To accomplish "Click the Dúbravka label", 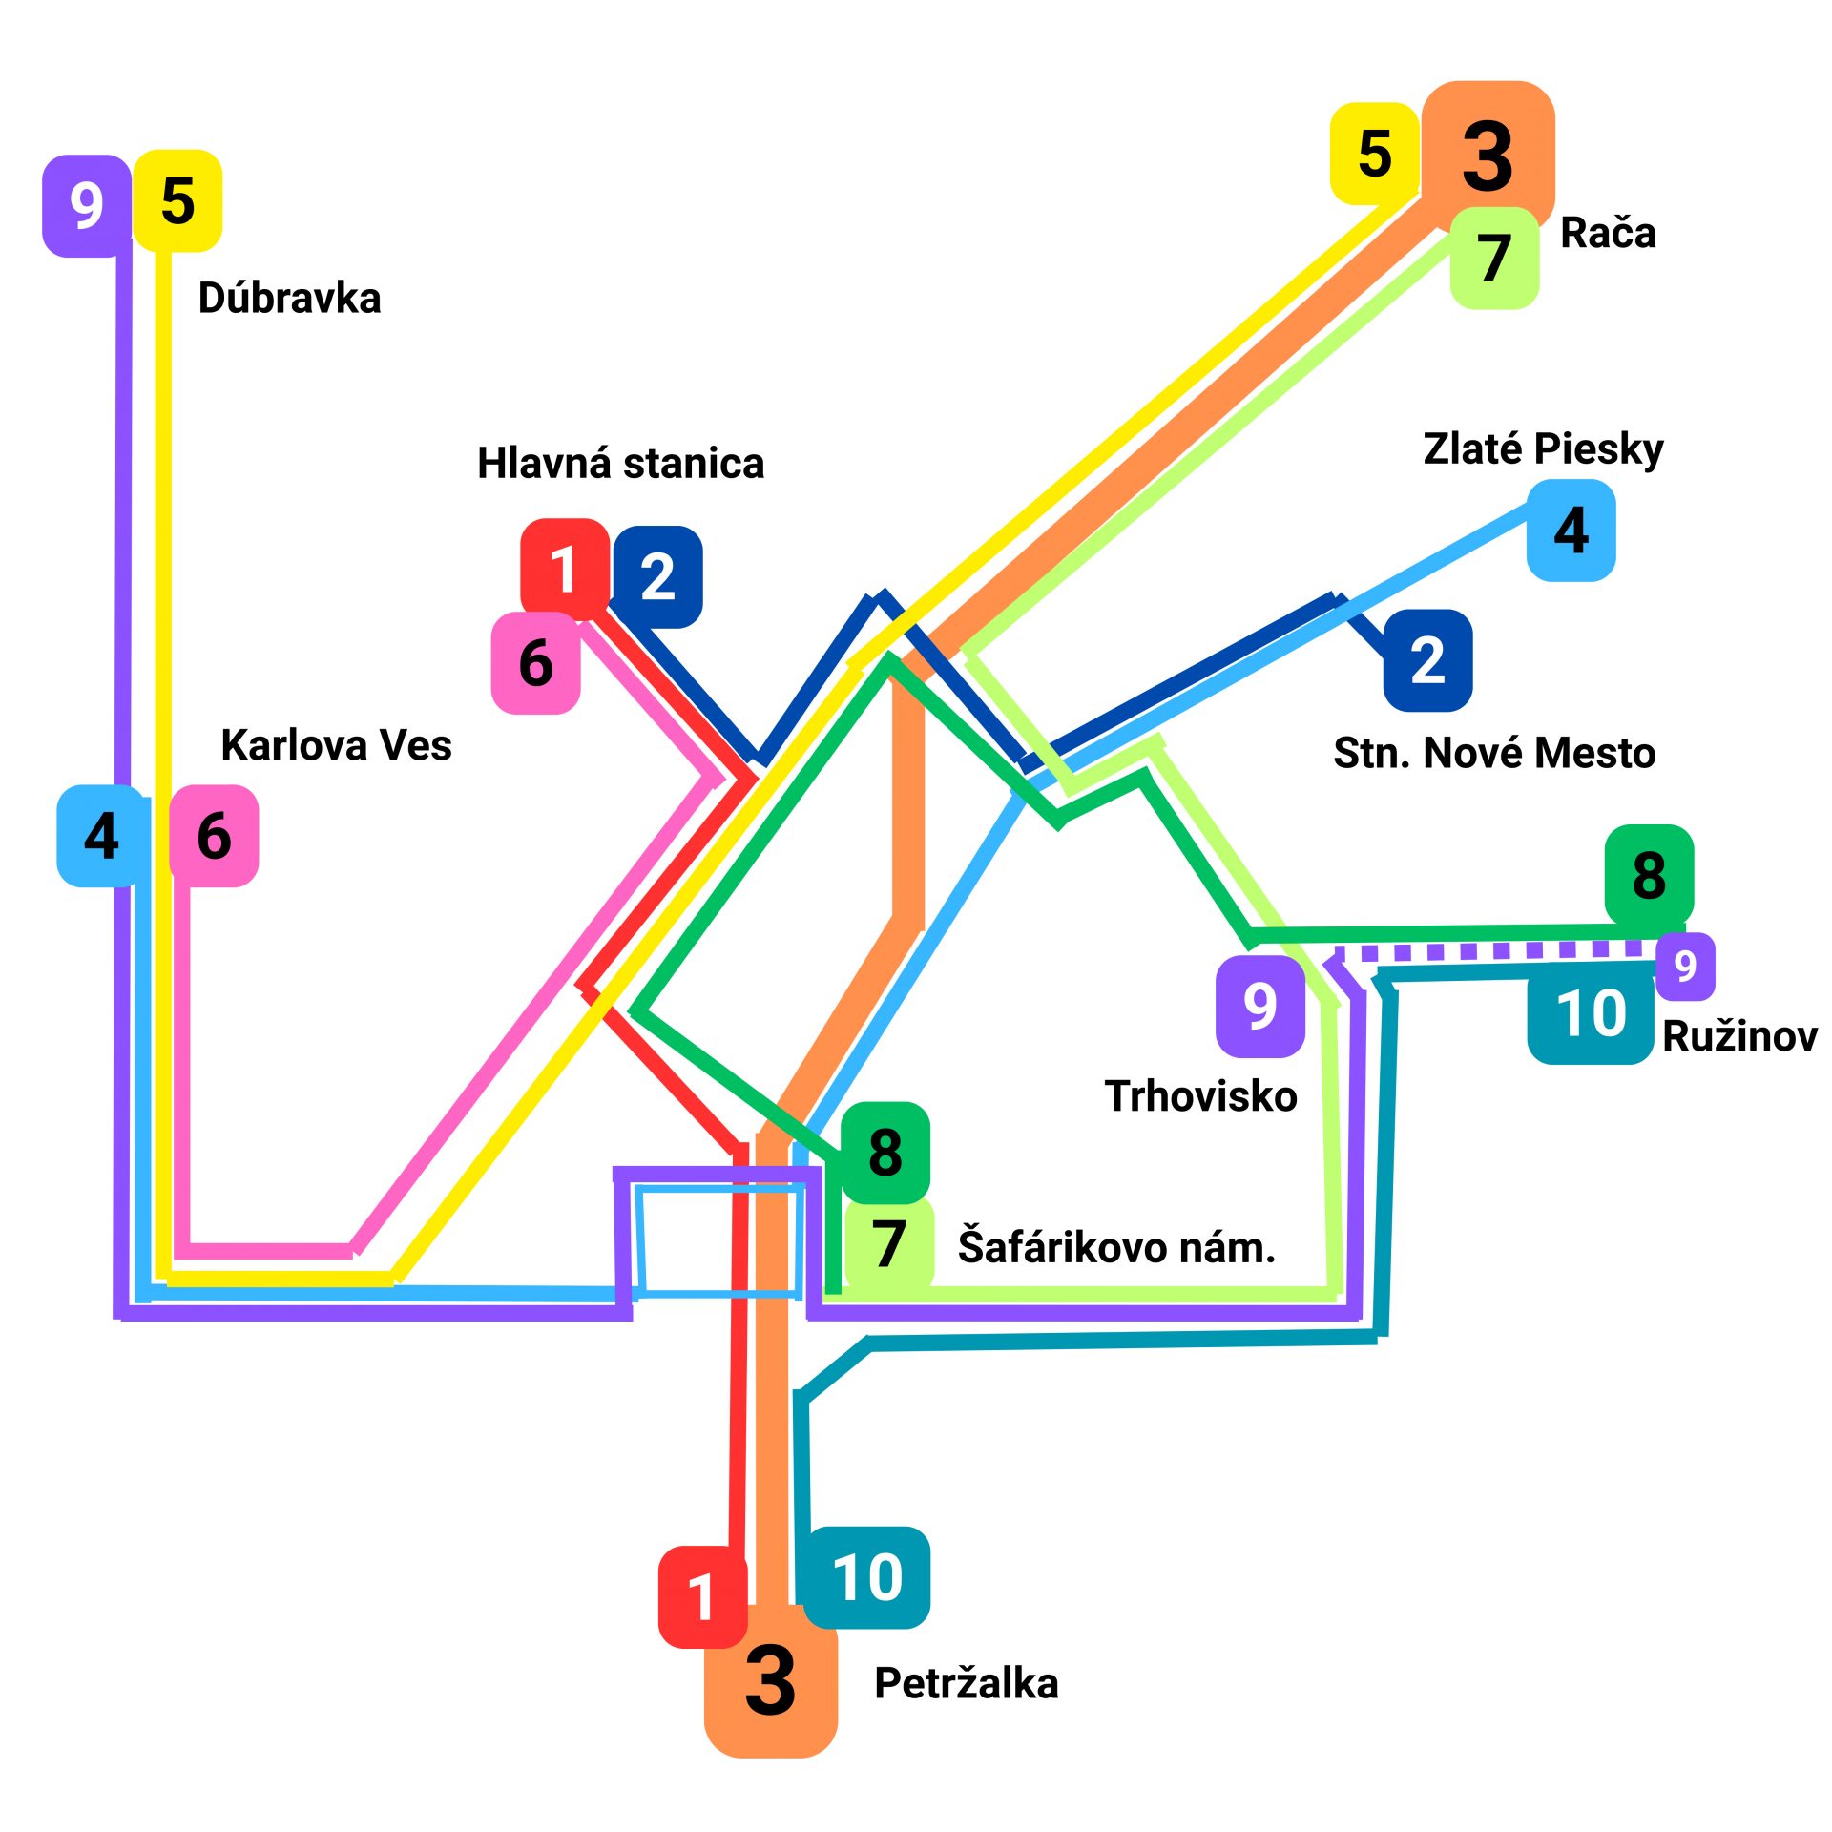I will [289, 299].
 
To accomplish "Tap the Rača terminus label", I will [1608, 234].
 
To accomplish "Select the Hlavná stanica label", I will [620, 464].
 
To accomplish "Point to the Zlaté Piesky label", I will [1543, 448].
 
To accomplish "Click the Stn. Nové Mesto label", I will [1494, 753].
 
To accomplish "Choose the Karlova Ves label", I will [336, 745].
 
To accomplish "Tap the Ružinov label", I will [1739, 1036].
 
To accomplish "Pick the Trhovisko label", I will [1200, 1096].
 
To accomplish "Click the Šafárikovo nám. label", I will [1116, 1247].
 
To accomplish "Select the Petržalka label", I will [966, 1683].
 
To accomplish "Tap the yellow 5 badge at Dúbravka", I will [177, 201].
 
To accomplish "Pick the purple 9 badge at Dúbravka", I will [87, 206].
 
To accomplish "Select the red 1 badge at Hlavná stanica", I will [564, 570].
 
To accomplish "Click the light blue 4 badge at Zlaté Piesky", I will [1571, 531].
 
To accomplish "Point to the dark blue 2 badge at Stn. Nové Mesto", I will [1427, 660].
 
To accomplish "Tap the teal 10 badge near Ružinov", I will [1591, 1013].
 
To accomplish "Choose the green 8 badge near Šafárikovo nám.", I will [885, 1153].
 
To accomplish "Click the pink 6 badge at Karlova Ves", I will [214, 836].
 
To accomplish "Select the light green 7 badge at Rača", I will [1494, 259].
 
